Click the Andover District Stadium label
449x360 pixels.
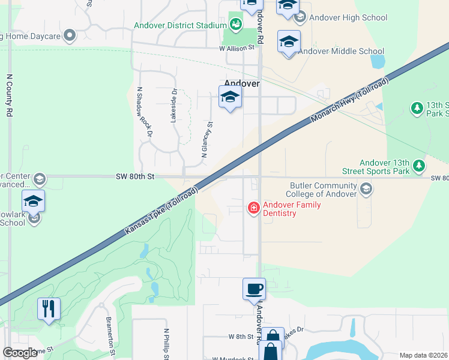pos(179,25)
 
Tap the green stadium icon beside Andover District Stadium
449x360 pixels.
pos(236,25)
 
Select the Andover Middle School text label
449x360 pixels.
pos(340,51)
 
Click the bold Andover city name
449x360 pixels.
pos(241,84)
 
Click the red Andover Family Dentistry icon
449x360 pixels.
pos(254,208)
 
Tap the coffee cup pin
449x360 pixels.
pos(254,289)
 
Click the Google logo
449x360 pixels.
pos(20,353)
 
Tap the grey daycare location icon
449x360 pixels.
pos(70,36)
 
